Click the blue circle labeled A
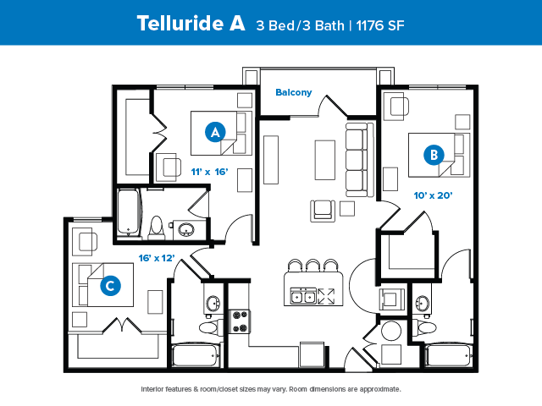click(215, 132)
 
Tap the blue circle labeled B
click(434, 155)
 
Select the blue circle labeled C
click(110, 286)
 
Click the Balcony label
click(294, 92)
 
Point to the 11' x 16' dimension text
click(209, 172)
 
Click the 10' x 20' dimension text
click(433, 195)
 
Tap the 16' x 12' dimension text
click(157, 258)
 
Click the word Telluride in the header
click(180, 23)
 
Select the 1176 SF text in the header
click(380, 25)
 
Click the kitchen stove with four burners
click(240, 321)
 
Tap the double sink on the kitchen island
click(303, 296)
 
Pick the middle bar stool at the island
click(312, 266)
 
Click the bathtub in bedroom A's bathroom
click(129, 212)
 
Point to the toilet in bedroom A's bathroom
click(157, 228)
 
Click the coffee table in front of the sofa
click(325, 160)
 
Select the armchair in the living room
click(323, 211)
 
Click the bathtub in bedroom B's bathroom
click(449, 355)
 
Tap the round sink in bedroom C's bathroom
click(213, 304)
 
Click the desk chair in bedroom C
click(87, 241)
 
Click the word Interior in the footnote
click(152, 389)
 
